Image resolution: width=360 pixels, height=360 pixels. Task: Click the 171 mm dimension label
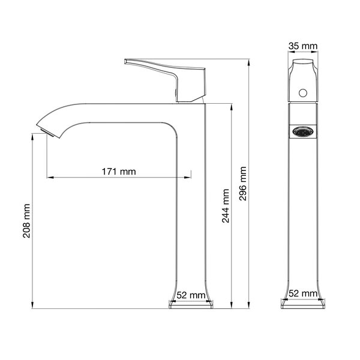coord(119,172)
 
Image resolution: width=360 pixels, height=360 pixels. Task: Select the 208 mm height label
coord(26,221)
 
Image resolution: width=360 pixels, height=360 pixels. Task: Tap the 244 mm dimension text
coord(226,206)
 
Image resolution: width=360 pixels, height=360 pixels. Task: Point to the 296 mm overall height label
coord(242,184)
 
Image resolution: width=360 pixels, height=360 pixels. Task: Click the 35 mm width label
coord(303,46)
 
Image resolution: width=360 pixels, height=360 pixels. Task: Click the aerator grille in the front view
coord(303,132)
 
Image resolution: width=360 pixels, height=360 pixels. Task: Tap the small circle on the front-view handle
coord(303,93)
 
